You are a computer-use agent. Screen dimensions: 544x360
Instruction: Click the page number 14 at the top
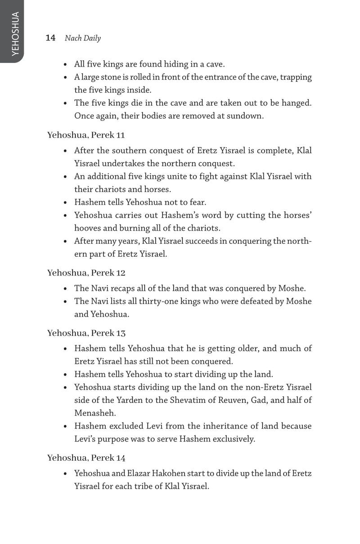point(50,38)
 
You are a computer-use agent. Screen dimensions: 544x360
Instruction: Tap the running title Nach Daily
point(83,38)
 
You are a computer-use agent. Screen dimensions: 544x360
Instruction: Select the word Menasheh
point(93,413)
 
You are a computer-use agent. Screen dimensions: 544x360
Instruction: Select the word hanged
point(297,103)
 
